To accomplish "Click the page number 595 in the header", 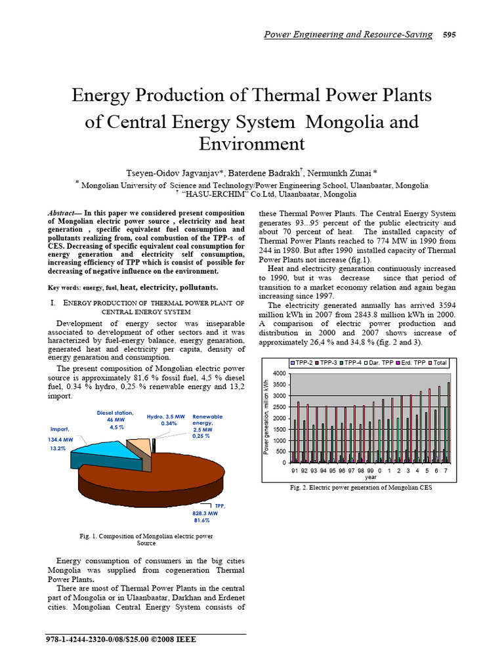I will tap(450, 35).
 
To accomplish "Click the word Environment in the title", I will tap(251, 144).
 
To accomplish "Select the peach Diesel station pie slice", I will tap(138, 448).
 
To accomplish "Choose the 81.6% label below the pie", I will tap(201, 520).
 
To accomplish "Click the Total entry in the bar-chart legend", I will tap(440, 362).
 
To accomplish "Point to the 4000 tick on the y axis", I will tap(279, 373).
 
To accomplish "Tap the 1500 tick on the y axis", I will tap(279, 429).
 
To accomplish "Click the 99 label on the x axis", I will tap(370, 471).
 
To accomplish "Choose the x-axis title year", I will tap(371, 478).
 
